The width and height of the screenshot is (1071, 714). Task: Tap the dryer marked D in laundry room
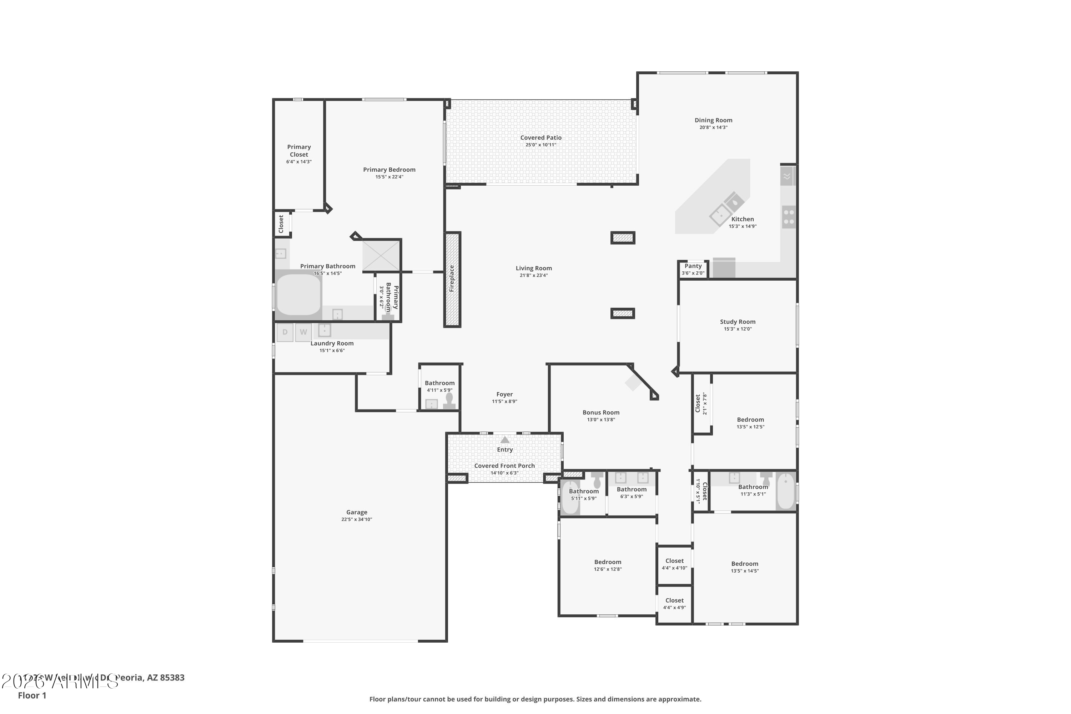point(285,332)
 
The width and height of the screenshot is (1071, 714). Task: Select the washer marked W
point(303,332)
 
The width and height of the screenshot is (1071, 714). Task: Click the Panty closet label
point(693,266)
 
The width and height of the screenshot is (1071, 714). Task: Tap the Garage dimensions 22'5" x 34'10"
point(357,519)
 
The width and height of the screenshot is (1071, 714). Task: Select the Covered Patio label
point(540,137)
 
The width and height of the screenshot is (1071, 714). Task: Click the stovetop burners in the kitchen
point(789,217)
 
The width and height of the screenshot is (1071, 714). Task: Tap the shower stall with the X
point(381,256)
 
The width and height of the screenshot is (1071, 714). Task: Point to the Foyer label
point(504,394)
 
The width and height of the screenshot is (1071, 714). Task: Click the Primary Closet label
point(299,151)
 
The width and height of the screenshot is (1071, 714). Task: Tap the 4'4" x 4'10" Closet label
point(674,561)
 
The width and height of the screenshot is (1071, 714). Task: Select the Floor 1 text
point(32,695)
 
